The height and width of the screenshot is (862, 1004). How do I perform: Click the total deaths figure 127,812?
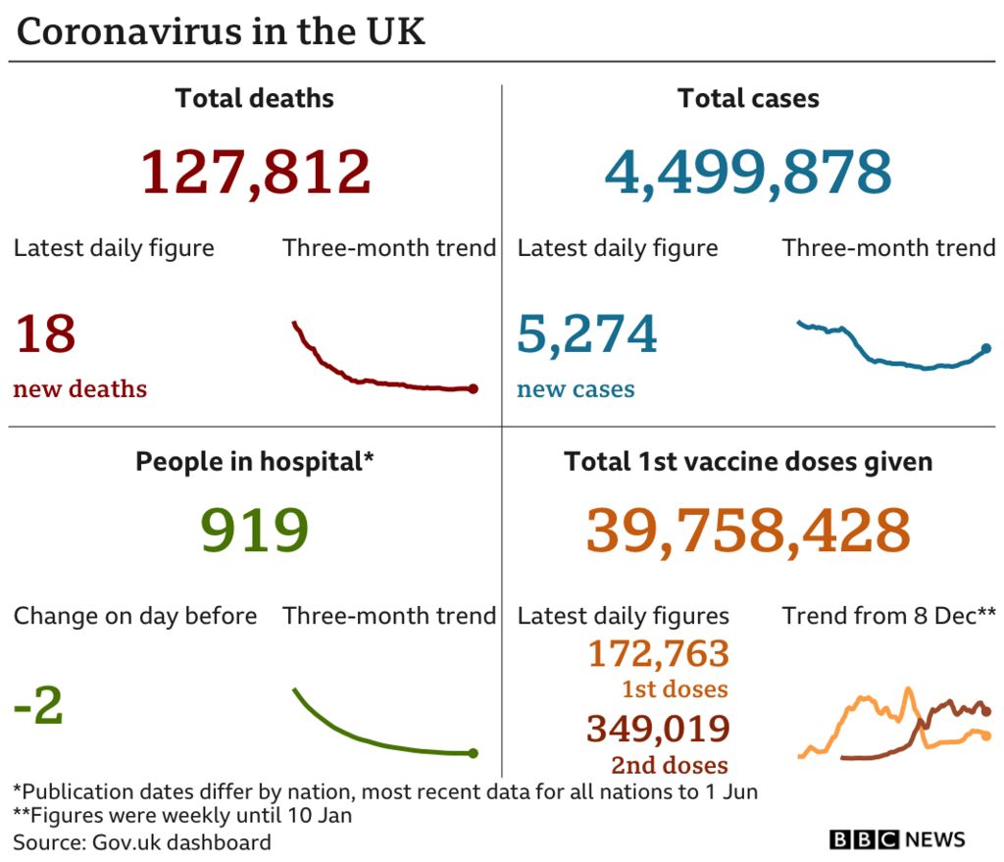pos(256,172)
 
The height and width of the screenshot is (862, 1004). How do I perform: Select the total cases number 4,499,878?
pos(748,172)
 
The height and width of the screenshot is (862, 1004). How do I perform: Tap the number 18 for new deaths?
pos(45,333)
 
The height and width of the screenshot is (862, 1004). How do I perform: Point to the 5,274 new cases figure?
pos(587,333)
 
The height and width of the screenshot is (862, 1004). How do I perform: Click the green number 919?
pos(255,531)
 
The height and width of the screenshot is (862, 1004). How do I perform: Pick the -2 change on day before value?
pos(39,706)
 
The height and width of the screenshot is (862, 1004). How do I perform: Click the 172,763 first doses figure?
pos(658,653)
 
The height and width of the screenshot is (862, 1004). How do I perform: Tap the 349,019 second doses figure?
pos(658,729)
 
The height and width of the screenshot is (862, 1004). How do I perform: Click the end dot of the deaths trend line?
pos(474,389)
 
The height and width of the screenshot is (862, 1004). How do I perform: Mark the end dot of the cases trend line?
pos(985,348)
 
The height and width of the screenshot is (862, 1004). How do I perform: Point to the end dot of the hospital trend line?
pos(474,753)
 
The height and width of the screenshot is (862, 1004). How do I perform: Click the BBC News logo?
pos(897,839)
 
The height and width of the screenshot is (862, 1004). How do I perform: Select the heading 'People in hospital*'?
pos(255,462)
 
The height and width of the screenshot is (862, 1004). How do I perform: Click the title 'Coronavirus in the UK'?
pos(222,32)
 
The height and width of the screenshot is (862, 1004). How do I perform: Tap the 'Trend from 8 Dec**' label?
pos(888,616)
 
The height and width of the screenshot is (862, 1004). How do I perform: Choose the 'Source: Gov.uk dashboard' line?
pos(142,841)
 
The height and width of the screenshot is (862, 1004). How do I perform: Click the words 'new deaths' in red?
pos(80,389)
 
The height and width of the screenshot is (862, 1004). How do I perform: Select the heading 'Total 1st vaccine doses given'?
pos(748,462)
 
